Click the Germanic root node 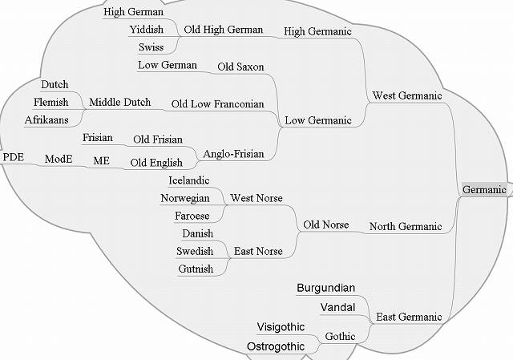[484, 189]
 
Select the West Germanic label [407, 96]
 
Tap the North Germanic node [406, 227]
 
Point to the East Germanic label [409, 318]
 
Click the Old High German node [224, 30]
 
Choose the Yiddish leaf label [146, 30]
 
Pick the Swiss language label [151, 47]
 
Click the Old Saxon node [240, 67]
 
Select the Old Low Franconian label [217, 104]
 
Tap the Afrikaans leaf [46, 119]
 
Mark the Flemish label [50, 102]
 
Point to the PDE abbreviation [14, 157]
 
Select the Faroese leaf [192, 216]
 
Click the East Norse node [258, 251]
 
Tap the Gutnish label [196, 269]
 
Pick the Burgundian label [325, 288]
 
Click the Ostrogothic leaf [275, 346]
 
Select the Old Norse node [325, 225]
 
